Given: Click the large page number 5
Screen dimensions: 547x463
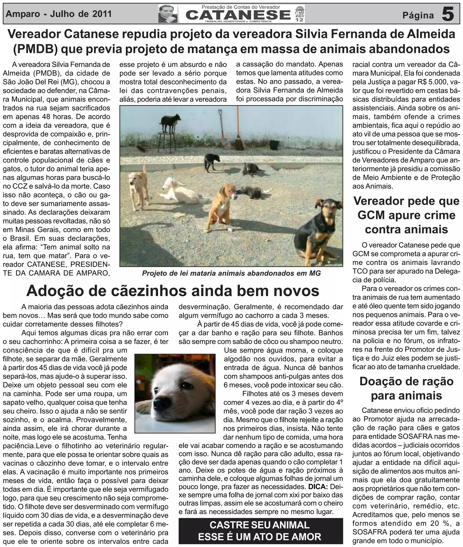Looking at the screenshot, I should (x=448, y=14).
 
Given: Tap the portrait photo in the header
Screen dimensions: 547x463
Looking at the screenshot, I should (x=168, y=14).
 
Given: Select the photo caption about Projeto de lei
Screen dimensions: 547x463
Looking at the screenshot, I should (x=231, y=273).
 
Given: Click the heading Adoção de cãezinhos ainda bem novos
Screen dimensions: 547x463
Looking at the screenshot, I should (x=173, y=291).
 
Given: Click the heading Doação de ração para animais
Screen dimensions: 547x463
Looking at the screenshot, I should (x=406, y=389).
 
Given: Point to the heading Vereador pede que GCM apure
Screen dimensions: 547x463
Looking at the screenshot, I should (x=406, y=215).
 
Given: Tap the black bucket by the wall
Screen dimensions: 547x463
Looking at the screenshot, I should (x=274, y=145).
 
